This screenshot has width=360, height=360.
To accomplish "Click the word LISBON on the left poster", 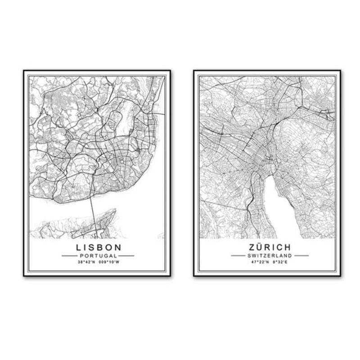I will tap(99, 247).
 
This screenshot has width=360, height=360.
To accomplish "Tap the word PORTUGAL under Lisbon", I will tap(99, 256).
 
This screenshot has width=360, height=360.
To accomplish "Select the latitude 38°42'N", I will tap(86, 261).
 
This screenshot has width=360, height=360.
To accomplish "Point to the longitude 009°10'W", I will tap(110, 261).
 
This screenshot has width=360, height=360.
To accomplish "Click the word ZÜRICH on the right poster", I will tap(269, 247).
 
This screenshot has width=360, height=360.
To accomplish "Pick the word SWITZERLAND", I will tap(270, 256).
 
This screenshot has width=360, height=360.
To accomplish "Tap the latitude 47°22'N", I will tap(258, 261).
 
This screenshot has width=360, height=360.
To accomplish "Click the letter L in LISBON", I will tap(79, 247).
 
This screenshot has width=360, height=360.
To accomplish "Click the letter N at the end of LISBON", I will tap(117, 247).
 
